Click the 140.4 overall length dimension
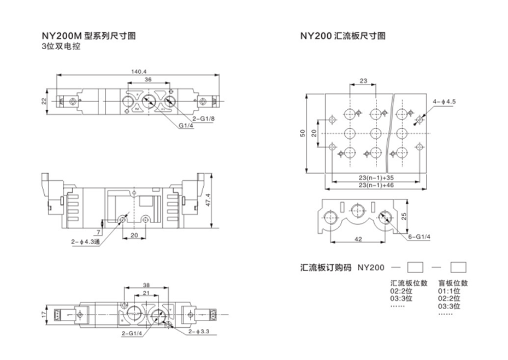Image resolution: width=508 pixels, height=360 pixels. click(x=134, y=71)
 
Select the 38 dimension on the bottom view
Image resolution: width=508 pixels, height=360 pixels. click(x=146, y=285)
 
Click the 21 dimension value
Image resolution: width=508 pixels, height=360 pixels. click(x=146, y=293)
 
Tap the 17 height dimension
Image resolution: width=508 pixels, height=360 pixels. click(x=44, y=314)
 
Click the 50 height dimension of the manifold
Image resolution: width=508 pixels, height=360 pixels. click(x=303, y=134)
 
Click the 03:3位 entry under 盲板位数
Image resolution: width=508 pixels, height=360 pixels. click(x=449, y=306)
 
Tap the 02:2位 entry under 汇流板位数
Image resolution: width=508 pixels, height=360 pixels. click(x=401, y=291)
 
